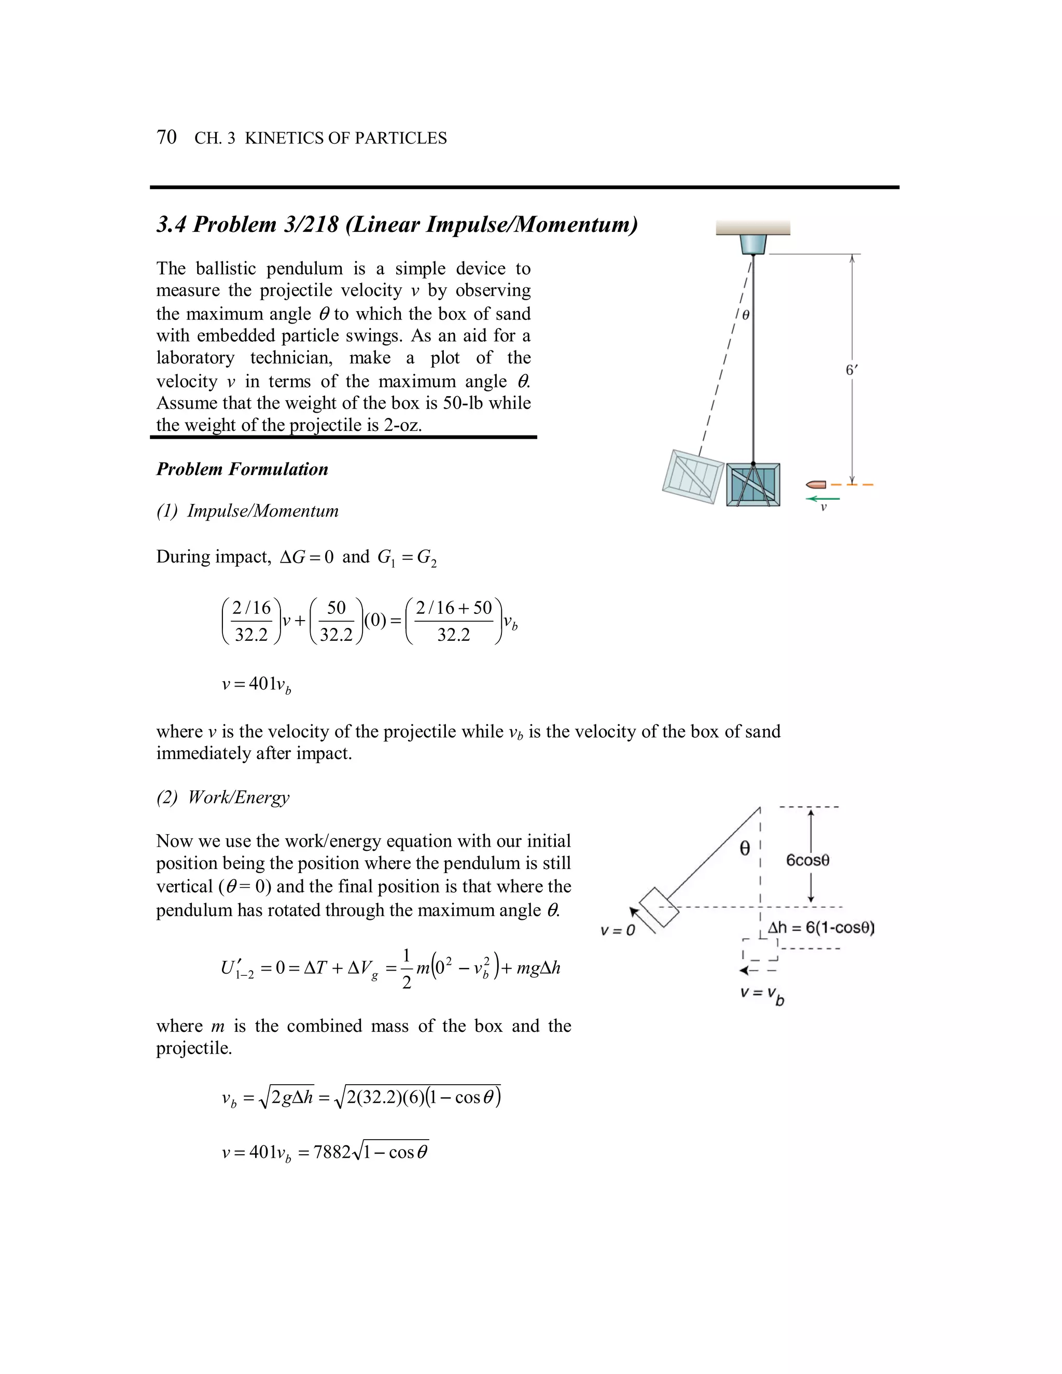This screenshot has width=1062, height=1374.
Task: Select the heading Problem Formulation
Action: pos(242,469)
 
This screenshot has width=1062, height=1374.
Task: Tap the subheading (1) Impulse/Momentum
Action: pos(247,511)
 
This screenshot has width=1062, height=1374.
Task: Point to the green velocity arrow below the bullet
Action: pos(822,499)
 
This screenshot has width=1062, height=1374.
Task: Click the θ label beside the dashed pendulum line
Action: pos(746,315)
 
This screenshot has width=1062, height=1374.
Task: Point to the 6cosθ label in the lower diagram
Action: pos(807,861)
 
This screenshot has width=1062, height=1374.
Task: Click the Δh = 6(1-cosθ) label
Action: pos(821,928)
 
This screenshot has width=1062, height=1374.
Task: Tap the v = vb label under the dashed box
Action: pos(762,994)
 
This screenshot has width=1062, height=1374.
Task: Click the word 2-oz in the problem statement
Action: pos(401,425)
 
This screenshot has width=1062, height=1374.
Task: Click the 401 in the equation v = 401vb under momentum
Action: pos(262,684)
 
